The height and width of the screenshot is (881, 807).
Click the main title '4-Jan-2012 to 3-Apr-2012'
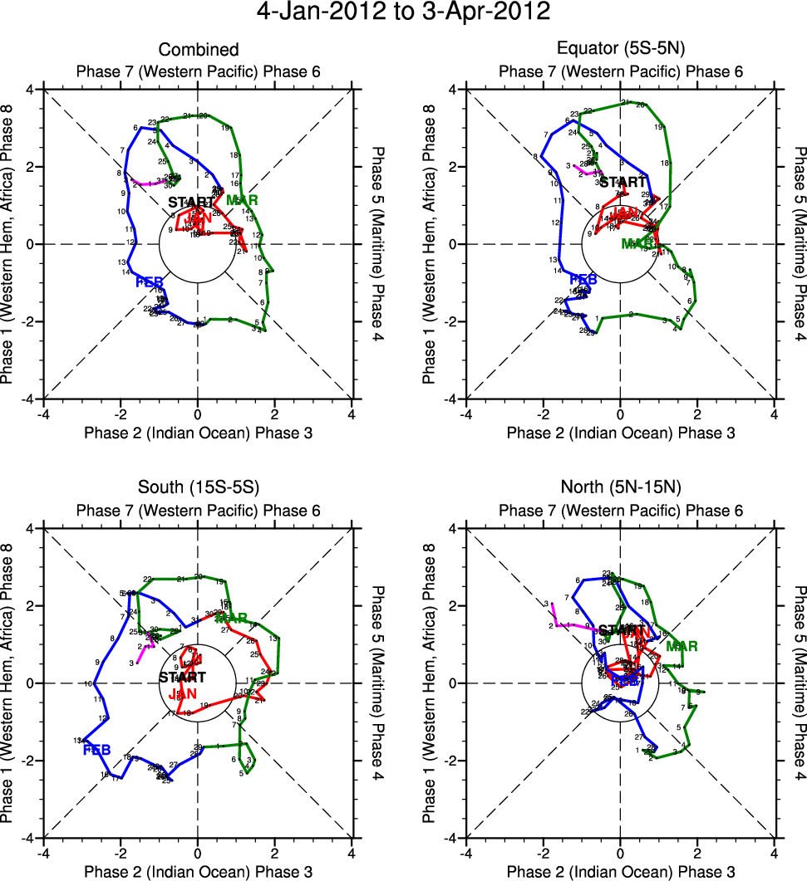(x=403, y=13)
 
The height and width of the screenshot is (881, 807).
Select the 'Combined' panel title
(x=198, y=51)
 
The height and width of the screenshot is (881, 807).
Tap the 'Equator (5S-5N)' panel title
(x=621, y=51)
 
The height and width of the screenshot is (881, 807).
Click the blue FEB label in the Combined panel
(x=150, y=282)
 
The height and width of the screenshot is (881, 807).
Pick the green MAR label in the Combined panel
(x=242, y=200)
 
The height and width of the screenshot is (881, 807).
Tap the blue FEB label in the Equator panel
(x=583, y=280)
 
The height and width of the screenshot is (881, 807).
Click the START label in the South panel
(x=183, y=678)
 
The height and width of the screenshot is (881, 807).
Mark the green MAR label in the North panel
(x=681, y=646)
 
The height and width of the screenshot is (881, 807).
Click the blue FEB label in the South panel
(x=97, y=749)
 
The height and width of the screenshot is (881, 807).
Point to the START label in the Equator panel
(x=622, y=183)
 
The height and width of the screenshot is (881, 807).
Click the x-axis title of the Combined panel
(x=198, y=433)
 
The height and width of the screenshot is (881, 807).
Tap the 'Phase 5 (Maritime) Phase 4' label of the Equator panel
(x=800, y=244)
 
